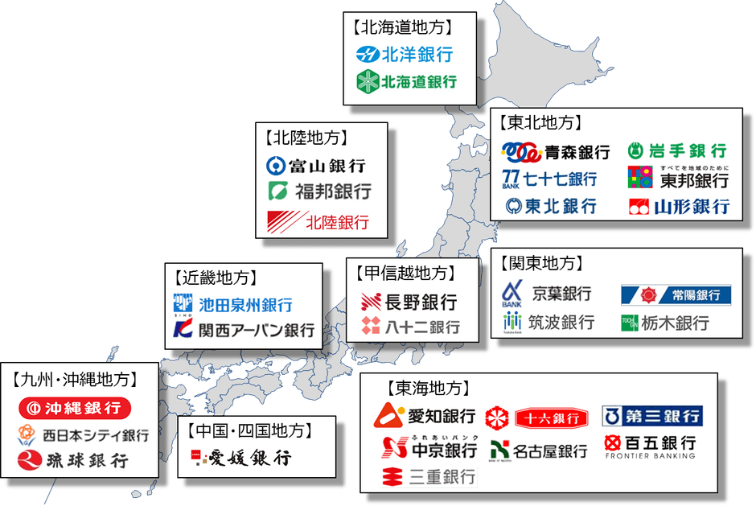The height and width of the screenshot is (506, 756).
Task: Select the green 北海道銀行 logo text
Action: click(x=417, y=81)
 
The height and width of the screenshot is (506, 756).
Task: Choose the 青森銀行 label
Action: click(x=577, y=151)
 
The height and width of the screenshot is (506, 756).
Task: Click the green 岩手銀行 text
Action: click(x=688, y=150)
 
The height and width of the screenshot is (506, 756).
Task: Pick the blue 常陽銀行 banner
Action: click(x=676, y=295)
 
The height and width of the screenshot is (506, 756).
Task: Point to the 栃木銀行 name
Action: click(x=676, y=323)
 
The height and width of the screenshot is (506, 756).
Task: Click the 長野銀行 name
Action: click(x=421, y=302)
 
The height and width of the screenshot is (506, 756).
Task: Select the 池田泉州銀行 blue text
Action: click(x=245, y=305)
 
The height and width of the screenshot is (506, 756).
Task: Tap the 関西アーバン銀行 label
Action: click(x=257, y=331)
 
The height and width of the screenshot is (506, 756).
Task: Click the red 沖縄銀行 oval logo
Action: click(x=75, y=408)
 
